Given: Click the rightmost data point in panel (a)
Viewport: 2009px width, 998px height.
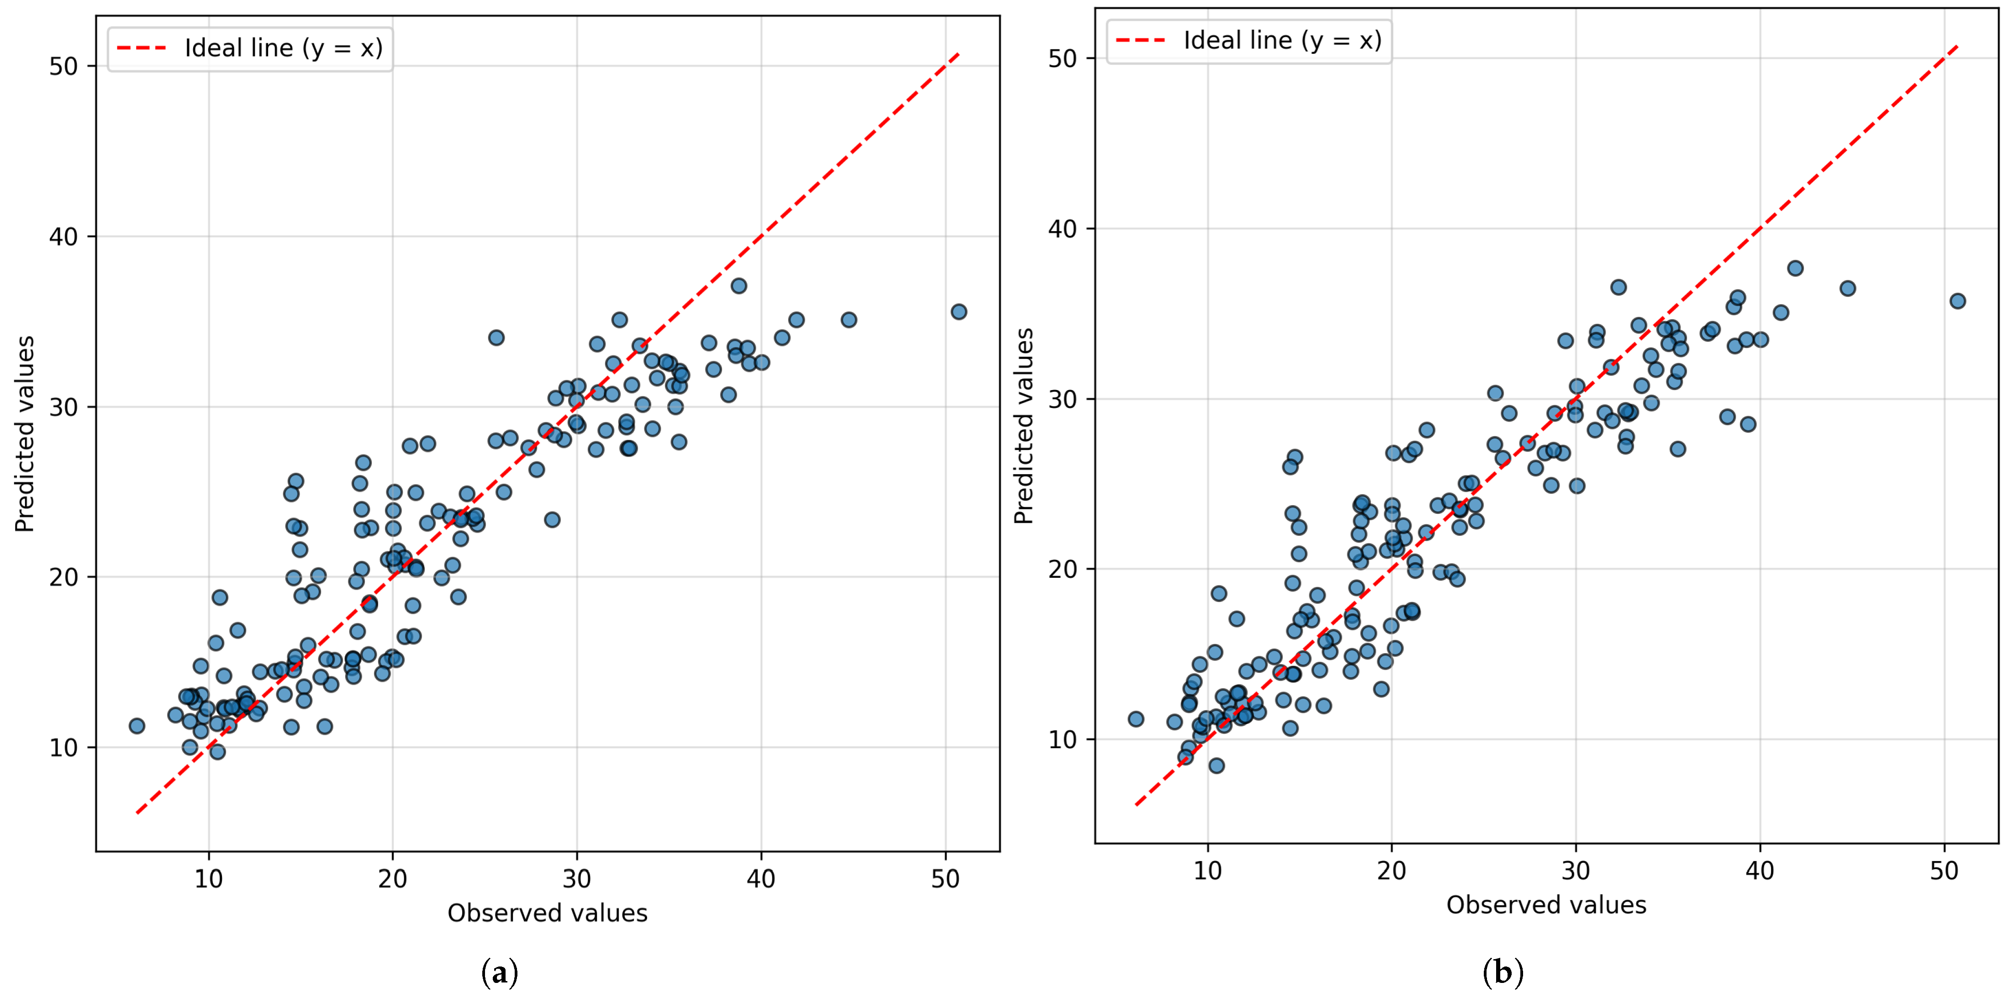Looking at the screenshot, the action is click(959, 312).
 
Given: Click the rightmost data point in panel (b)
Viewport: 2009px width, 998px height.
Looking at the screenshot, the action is click(1957, 301).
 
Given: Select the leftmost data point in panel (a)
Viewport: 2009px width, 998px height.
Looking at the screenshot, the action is click(137, 726).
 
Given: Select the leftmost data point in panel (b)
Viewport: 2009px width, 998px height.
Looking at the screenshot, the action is click(1135, 719).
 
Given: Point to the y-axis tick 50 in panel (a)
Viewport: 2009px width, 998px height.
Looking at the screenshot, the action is click(64, 66).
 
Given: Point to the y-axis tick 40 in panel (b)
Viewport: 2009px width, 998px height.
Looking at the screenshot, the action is click(1063, 229).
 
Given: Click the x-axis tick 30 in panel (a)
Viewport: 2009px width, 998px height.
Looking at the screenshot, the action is click(577, 879).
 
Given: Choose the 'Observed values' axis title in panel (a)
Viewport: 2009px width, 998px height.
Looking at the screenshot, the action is click(548, 913).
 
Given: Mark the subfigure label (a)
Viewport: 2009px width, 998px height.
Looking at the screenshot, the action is click(500, 972).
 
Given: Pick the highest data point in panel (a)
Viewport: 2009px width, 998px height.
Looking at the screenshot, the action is click(738, 286).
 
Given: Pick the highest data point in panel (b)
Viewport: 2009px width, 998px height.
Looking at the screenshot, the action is click(1795, 268).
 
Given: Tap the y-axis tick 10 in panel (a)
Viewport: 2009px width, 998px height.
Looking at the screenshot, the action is click(64, 748).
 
